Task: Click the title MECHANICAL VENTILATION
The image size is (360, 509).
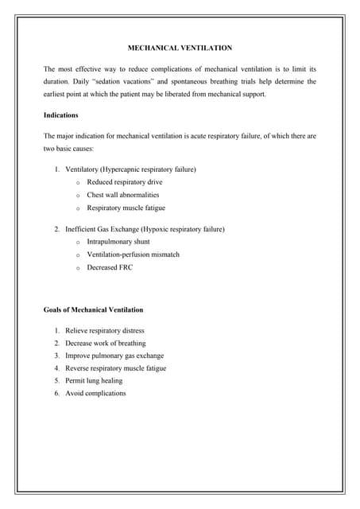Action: pyautogui.click(x=180, y=48)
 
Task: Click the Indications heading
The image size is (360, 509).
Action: pyautogui.click(x=61, y=115)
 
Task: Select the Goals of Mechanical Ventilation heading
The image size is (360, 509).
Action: pyautogui.click(x=93, y=309)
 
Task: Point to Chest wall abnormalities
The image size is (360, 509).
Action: pyautogui.click(x=123, y=195)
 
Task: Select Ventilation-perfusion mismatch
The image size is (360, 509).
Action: pyautogui.click(x=134, y=254)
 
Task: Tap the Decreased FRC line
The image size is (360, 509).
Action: pyautogui.click(x=110, y=267)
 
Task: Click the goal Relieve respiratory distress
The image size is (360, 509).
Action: pyautogui.click(x=105, y=330)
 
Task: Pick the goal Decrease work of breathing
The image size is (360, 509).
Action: pyautogui.click(x=106, y=343)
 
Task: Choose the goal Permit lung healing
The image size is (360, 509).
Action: pyautogui.click(x=94, y=381)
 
